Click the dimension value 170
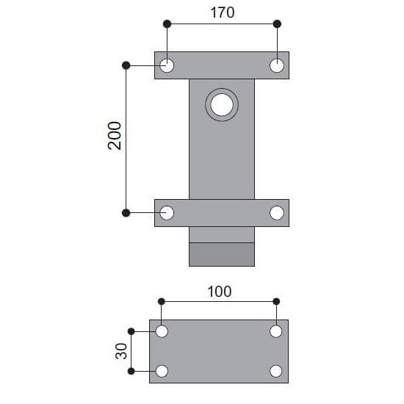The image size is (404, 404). tap(222, 12)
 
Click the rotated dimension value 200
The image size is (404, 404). tap(115, 136)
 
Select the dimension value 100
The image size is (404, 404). tap(219, 291)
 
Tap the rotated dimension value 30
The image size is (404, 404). tap(122, 351)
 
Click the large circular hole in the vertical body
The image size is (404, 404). tap(221, 105)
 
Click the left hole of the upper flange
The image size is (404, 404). tap(167, 65)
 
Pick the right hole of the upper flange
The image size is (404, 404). tap(277, 65)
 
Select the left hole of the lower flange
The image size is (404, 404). tap(167, 213)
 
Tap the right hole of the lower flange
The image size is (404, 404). tap(277, 213)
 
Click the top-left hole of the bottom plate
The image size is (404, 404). tap(162, 331)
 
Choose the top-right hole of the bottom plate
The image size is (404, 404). tap(276, 331)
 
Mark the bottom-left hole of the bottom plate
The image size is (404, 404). tap(162, 371)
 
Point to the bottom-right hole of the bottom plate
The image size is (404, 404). tap(276, 371)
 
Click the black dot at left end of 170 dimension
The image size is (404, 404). tap(167, 24)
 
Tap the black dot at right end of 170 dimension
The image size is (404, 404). tap(277, 24)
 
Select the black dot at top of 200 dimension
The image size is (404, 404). tap(126, 65)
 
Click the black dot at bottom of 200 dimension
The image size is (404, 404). tap(126, 213)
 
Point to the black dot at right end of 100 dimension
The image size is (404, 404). tap(276, 301)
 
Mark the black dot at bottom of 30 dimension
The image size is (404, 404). tap(131, 371)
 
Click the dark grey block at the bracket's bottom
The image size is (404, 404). tap(222, 254)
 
